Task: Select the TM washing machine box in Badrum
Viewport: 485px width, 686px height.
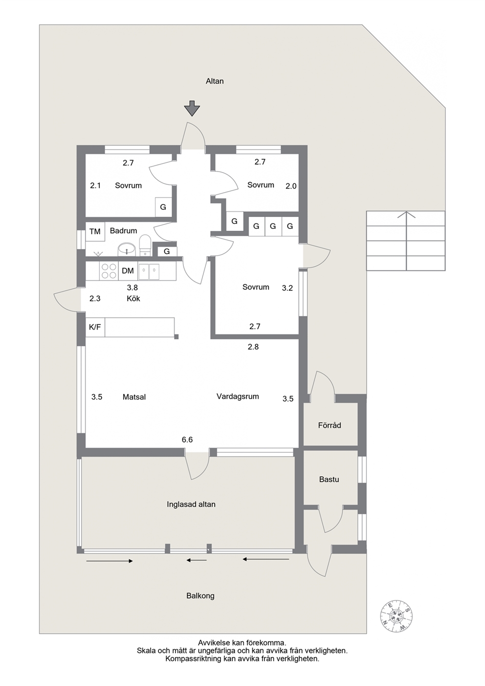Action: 95,232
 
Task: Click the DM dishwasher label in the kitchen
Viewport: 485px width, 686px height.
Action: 128,271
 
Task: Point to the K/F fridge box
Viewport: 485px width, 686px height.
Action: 95,327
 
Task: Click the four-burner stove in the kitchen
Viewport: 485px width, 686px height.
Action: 109,271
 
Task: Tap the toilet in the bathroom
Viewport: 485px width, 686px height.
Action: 145,245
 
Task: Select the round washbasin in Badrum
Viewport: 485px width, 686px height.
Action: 127,249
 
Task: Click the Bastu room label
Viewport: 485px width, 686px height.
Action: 329,479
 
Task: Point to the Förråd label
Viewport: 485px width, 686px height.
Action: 330,425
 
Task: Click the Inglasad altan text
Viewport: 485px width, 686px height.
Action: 191,505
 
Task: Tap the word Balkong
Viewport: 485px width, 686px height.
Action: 200,596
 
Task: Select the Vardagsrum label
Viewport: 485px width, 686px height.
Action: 238,397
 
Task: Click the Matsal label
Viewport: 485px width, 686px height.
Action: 134,397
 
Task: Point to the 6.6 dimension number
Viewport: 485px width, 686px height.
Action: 187,440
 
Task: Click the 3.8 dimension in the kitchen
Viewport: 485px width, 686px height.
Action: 132,288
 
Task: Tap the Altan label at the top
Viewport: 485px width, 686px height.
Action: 215,81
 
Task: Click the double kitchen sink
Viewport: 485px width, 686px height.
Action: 149,272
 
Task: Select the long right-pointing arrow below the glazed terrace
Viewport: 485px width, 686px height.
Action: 110,561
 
